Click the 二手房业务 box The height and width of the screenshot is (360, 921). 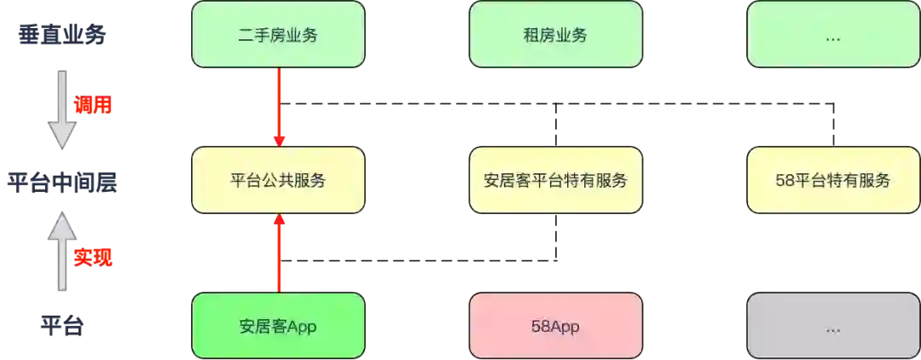278,35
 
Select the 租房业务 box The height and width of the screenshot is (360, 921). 555,35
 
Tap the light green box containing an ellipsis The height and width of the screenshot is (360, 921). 832,35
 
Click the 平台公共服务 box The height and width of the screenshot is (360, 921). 278,180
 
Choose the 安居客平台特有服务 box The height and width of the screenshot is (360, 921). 555,180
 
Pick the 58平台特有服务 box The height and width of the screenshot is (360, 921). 832,180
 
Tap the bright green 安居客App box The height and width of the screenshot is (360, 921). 278,325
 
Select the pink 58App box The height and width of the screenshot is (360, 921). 555,325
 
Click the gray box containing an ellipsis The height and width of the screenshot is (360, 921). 832,325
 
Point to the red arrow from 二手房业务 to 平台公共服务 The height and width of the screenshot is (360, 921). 279,107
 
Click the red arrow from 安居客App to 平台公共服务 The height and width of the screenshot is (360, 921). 279,253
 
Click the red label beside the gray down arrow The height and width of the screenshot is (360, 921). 93,106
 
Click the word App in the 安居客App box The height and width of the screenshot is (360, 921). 303,326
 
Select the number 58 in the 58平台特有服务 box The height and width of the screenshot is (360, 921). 785,181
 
